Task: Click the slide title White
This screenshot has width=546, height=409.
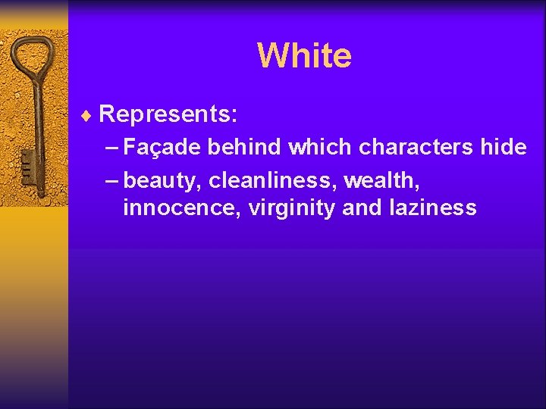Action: pyautogui.click(x=304, y=55)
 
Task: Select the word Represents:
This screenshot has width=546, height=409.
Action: pyautogui.click(x=168, y=115)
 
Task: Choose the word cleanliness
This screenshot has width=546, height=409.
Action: pyautogui.click(x=272, y=181)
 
